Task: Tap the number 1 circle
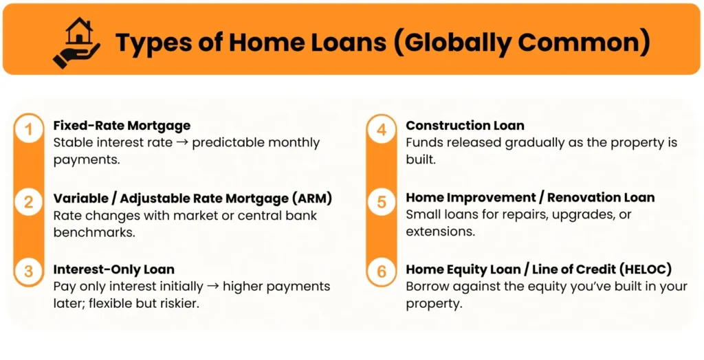28,129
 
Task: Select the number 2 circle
28,202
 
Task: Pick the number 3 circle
28,271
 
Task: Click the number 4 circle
382,129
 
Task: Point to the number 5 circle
382,202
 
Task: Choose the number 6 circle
382,271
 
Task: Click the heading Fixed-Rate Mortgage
122,126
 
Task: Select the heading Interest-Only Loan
113,269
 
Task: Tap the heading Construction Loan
465,126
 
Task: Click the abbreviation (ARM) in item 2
310,198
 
